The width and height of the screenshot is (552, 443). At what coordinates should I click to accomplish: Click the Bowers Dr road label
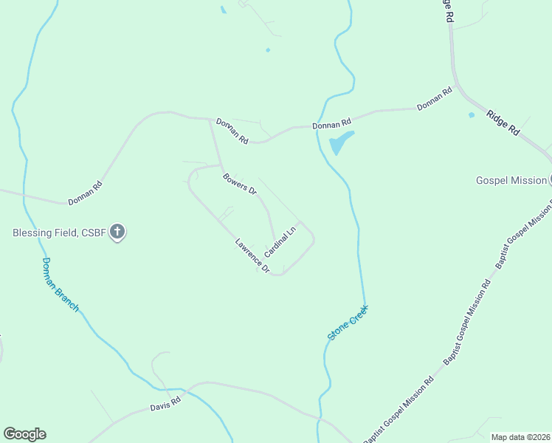pyautogui.click(x=239, y=184)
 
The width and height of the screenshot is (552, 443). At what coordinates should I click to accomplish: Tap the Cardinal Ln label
pyautogui.click(x=280, y=241)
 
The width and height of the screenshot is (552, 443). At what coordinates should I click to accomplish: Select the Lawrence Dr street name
pyautogui.click(x=252, y=256)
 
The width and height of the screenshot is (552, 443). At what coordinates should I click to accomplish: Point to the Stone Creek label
pyautogui.click(x=348, y=323)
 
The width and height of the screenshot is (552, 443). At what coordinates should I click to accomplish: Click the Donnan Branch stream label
pyautogui.click(x=59, y=284)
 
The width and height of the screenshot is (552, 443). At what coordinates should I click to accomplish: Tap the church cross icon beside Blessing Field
pyautogui.click(x=117, y=233)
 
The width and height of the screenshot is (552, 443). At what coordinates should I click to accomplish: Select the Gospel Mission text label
pyautogui.click(x=511, y=180)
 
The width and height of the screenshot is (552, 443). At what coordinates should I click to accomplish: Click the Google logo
pyautogui.click(x=24, y=434)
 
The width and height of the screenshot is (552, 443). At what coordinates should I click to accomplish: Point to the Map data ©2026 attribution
pyautogui.click(x=521, y=437)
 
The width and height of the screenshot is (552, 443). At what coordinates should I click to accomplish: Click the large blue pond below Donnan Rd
pyautogui.click(x=341, y=141)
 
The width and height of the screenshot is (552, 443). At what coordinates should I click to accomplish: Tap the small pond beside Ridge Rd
pyautogui.click(x=472, y=115)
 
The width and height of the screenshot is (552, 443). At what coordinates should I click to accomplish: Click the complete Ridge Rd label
pyautogui.click(x=503, y=122)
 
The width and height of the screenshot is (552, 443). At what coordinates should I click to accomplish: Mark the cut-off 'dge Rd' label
pyautogui.click(x=446, y=10)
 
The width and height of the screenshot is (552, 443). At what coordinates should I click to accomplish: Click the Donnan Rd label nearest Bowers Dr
pyautogui.click(x=233, y=131)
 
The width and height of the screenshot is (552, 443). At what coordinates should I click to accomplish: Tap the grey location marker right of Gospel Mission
pyautogui.click(x=550, y=179)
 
